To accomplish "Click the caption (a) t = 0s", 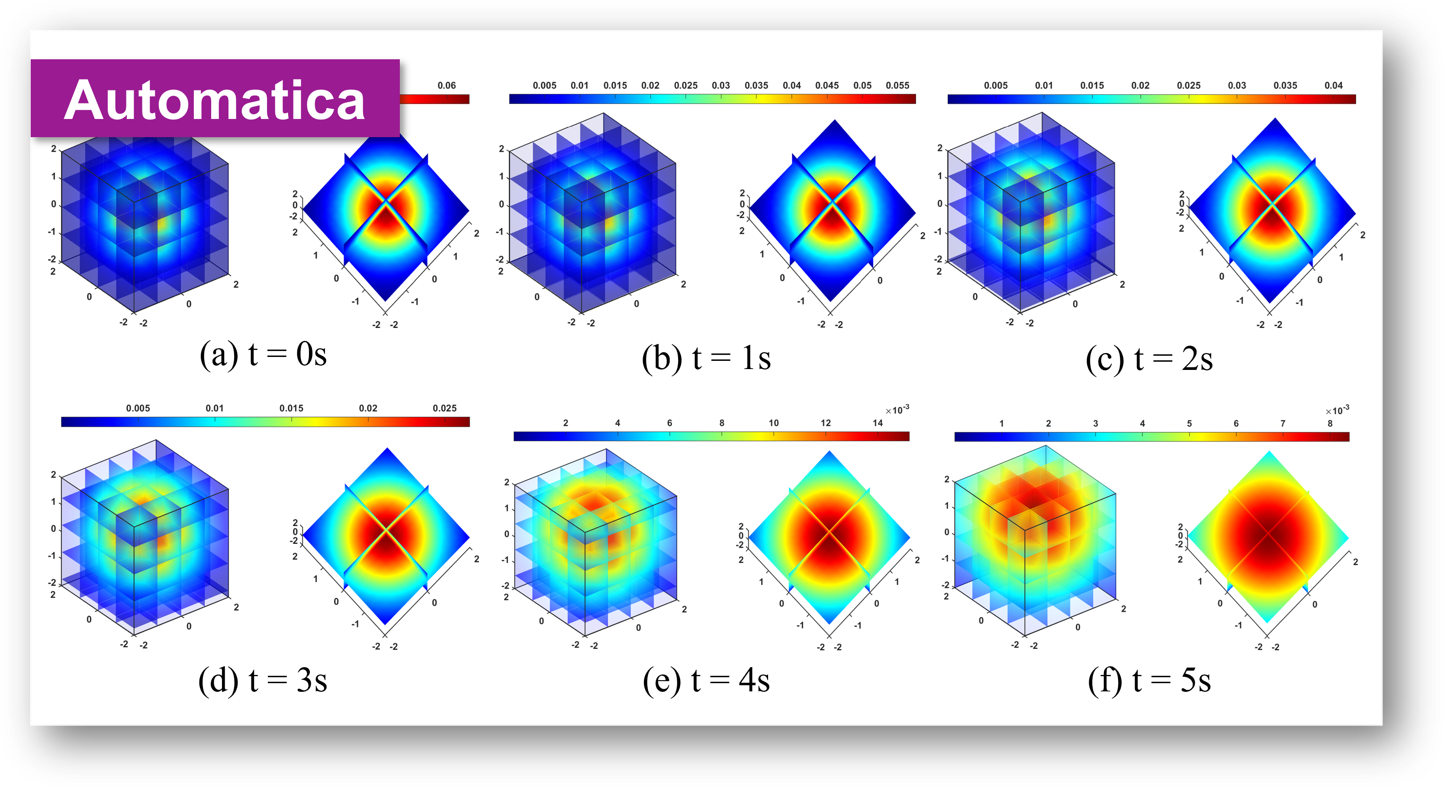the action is coord(264,355).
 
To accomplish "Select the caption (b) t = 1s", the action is coord(706,358).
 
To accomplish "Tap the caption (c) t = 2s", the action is coord(1149,359).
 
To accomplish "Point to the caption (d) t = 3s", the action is coord(263,681).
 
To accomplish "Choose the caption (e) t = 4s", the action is coord(706,681).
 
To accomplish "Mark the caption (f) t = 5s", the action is coord(1149,681).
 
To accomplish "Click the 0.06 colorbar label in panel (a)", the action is coord(447,85).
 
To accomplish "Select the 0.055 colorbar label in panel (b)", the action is coord(897,85).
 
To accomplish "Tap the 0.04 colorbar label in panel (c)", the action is coord(1334,85).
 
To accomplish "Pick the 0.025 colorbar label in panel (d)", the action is coord(444,408).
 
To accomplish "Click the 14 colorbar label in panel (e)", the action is coord(878,423).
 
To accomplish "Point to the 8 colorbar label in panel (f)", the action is coord(1330,423).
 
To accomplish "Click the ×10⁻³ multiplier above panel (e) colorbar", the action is coord(897,409).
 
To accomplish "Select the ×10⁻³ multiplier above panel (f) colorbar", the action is coord(1338,410).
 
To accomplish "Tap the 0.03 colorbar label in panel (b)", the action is coord(721,85).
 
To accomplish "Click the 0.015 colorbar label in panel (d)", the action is coord(292,408).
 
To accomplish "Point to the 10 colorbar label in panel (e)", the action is coord(774,423).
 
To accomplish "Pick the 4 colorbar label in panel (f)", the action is coord(1142,423).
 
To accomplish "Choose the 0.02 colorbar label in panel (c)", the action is coord(1140,85).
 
